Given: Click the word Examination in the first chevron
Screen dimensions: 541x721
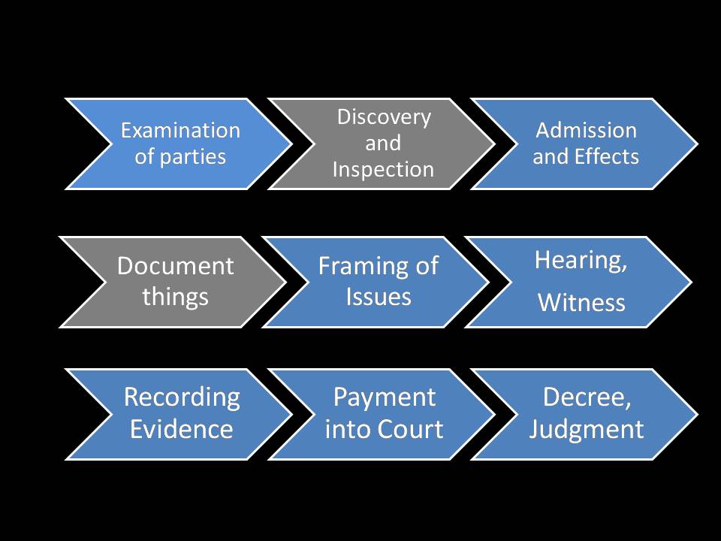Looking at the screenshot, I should coord(180,130).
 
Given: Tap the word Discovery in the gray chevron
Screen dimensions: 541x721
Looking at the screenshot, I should coord(384,117).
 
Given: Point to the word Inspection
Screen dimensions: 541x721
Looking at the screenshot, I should coord(383,169).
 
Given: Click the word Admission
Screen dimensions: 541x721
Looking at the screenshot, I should coord(586,130).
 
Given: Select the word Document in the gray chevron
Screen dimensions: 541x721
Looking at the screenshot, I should coord(175,266).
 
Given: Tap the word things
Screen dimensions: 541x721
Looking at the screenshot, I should coord(175,296).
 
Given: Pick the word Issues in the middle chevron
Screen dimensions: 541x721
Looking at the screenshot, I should coord(379,296).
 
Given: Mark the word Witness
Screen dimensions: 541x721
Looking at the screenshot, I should coord(581,303).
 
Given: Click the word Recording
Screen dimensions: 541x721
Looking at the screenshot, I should coord(181,397).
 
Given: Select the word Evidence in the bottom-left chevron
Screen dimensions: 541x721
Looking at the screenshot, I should coord(181,429).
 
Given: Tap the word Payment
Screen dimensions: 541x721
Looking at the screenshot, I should coord(384,397).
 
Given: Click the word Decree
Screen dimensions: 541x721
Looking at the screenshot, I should coord(586,397).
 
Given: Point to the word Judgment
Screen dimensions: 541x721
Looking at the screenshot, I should coord(586,429).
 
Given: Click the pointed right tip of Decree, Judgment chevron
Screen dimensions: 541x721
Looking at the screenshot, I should coord(695,413).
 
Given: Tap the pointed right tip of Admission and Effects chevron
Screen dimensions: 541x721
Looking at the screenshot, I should coord(695,144).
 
